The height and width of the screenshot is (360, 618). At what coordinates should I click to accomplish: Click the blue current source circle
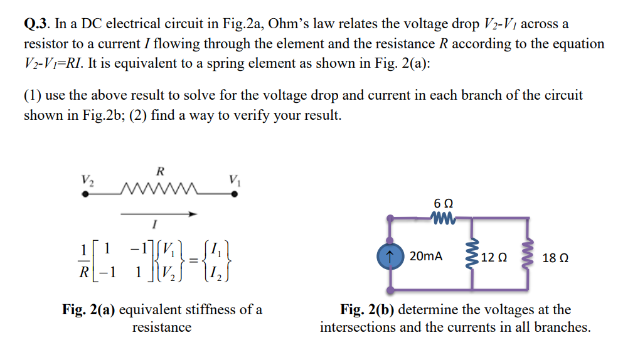390,257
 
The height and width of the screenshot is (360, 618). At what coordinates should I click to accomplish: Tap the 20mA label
425,257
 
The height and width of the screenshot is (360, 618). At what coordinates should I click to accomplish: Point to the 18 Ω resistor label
555,257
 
